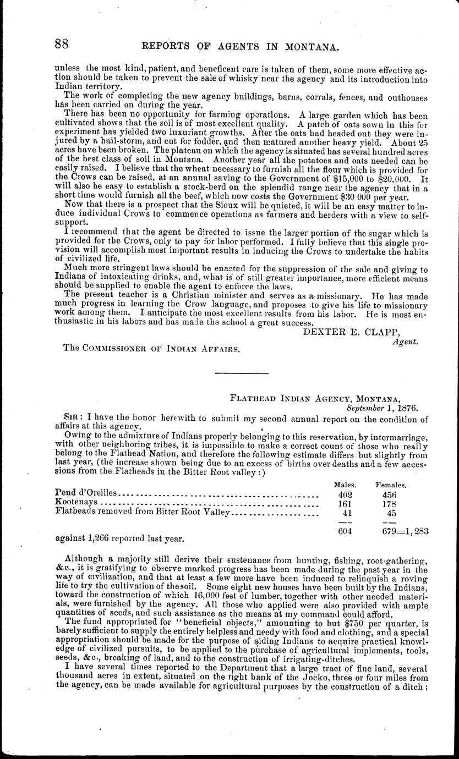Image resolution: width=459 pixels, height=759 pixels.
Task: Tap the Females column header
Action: (391, 485)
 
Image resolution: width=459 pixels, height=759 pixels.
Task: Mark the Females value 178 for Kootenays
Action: (390, 503)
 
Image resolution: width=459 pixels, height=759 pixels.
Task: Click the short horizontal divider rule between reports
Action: (241, 374)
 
